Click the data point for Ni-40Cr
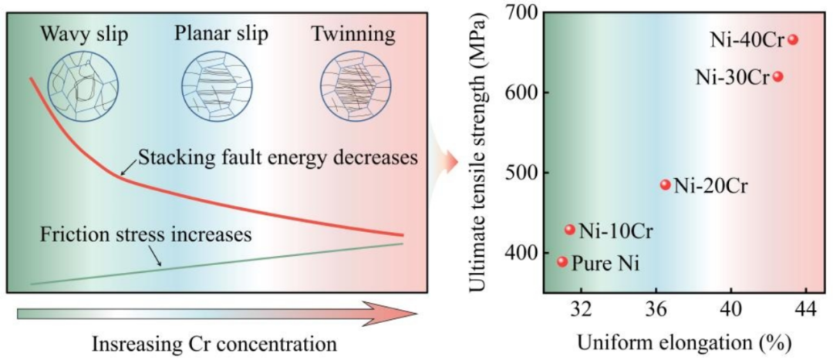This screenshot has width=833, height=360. click(x=793, y=39)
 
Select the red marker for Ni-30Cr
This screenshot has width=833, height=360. click(x=778, y=76)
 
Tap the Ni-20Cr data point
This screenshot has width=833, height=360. click(x=666, y=184)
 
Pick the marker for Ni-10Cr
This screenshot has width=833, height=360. click(x=570, y=229)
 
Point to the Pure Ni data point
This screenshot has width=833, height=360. click(x=562, y=261)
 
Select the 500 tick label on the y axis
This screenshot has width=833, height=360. click(x=524, y=173)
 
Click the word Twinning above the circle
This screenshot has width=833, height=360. click(x=353, y=35)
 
